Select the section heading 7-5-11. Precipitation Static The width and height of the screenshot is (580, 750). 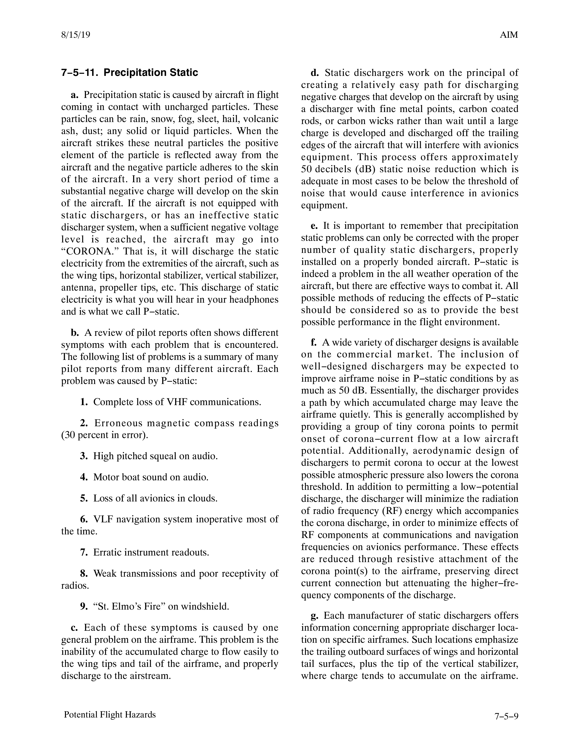(x=130, y=72)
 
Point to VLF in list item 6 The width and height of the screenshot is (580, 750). (x=103, y=519)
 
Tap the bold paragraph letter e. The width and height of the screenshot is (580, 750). (x=314, y=226)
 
